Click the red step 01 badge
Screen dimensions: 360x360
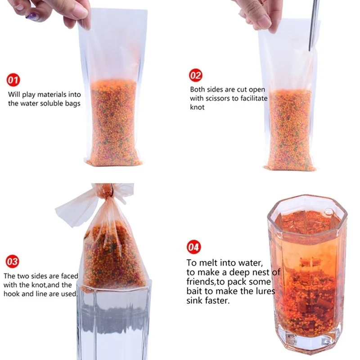tap(13, 80)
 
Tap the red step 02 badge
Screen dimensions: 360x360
tap(195, 75)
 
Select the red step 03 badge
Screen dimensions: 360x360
tap(12, 261)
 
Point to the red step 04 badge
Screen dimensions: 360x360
tap(194, 247)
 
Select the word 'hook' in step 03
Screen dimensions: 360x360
tap(11, 294)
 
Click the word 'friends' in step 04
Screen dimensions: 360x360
tap(200, 282)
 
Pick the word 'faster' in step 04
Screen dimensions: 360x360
tap(218, 300)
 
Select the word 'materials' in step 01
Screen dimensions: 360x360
tap(52, 94)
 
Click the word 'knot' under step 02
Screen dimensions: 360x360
tap(197, 107)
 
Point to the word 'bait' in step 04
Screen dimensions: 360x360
tap(194, 291)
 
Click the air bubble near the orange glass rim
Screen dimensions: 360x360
tap(328, 211)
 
